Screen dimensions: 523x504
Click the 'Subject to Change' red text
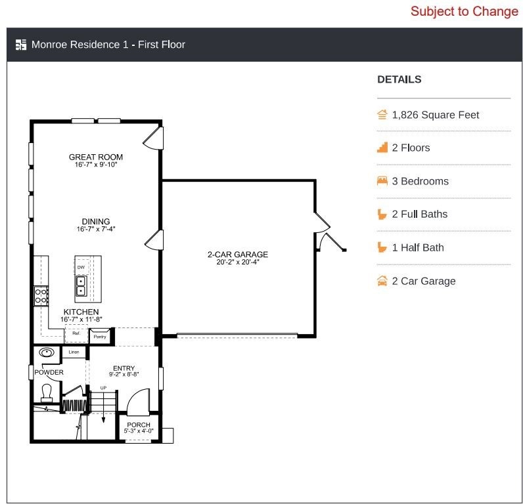click(x=465, y=11)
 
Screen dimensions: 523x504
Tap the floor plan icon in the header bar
click(x=21, y=45)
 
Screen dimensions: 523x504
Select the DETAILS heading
click(x=399, y=79)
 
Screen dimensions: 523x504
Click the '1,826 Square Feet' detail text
click(x=435, y=115)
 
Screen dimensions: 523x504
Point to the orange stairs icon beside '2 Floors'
click(x=382, y=147)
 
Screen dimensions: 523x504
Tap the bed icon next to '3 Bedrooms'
click(x=382, y=181)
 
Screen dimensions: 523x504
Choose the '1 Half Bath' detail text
click(x=418, y=247)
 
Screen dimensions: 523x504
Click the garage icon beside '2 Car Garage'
click(x=382, y=281)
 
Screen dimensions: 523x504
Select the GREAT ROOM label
click(x=96, y=157)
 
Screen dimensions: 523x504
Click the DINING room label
click(x=96, y=222)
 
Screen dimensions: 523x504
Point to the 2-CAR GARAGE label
click(x=238, y=255)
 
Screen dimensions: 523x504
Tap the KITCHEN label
click(x=81, y=312)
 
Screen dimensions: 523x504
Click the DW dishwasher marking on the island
click(x=81, y=267)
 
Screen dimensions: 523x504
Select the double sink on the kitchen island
click(x=81, y=286)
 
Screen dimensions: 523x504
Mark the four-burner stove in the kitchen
click(x=41, y=296)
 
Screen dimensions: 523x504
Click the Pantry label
click(x=100, y=337)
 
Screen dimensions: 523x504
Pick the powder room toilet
click(x=47, y=393)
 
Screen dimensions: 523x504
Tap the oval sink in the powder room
click(x=47, y=352)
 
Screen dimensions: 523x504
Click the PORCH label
click(x=139, y=425)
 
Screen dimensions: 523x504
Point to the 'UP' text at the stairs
click(x=103, y=388)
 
